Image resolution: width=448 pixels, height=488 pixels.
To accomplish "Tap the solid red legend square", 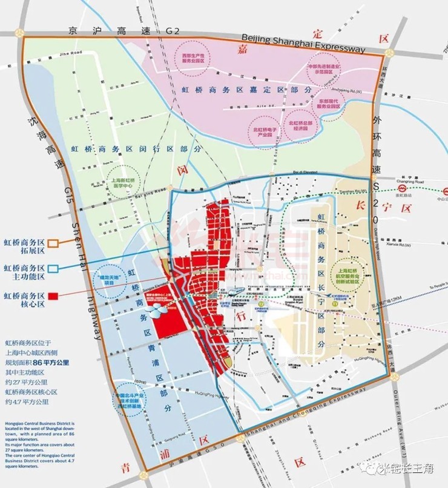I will pyautogui.click(x=53, y=296).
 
